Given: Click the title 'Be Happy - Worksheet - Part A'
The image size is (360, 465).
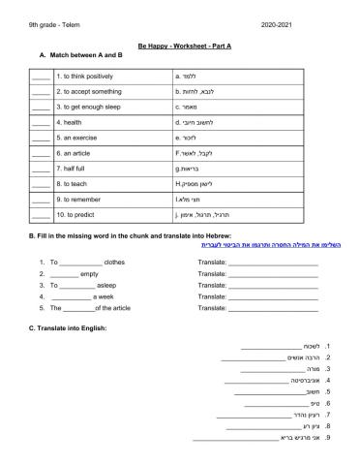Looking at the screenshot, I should pyautogui.click(x=180, y=45).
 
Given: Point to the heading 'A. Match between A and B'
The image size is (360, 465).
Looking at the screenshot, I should pyautogui.click(x=82, y=56).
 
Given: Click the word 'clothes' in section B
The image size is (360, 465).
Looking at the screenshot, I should pyautogui.click(x=115, y=262).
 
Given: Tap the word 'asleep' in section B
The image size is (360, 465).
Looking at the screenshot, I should pyautogui.click(x=106, y=285).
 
